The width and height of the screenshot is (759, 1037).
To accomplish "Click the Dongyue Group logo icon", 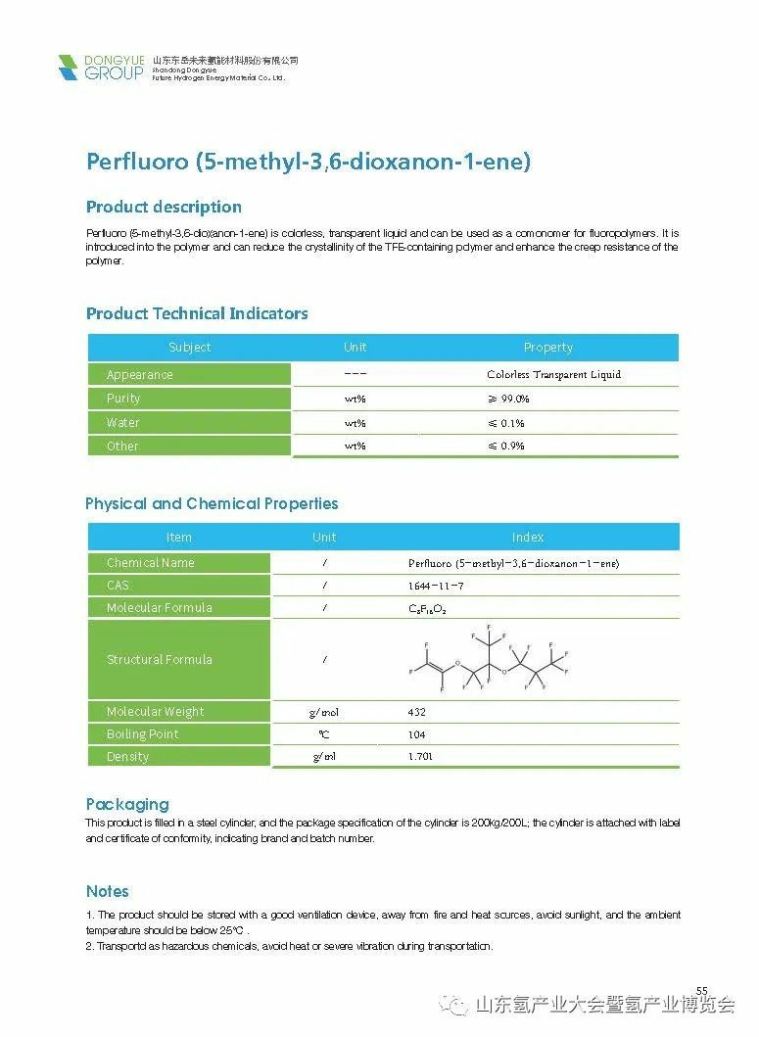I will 68,68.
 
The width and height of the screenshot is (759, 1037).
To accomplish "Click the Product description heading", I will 164,207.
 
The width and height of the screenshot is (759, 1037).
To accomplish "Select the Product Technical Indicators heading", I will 197,313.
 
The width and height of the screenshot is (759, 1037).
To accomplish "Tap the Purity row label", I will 123,399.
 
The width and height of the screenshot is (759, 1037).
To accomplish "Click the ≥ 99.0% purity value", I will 508,399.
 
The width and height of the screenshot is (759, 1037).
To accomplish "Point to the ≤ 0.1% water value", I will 506,423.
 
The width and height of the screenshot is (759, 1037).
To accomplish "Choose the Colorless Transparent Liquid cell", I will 553,374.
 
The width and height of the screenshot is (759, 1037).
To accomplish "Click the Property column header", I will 548,347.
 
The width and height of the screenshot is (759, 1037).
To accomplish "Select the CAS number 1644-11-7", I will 436,586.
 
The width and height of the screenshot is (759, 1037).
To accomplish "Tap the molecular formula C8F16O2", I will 427,608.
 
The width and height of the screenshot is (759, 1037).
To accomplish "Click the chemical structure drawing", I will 488,660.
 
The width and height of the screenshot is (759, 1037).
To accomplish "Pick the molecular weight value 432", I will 416,712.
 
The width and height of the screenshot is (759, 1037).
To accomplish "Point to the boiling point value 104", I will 416,734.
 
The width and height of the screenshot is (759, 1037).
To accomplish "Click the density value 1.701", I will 420,756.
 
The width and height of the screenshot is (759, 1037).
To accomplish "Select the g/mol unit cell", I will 323,712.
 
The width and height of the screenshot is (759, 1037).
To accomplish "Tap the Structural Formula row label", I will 159,659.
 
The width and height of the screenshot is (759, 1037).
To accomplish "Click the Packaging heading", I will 127,804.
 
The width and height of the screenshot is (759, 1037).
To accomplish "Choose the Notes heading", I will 108,891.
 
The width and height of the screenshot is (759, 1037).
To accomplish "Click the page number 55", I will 701,991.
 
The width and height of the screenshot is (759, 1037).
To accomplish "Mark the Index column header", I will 527,537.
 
